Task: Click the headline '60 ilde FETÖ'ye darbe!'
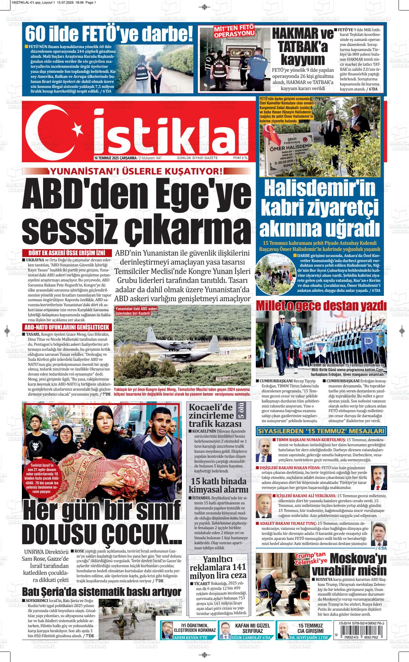pos(109,34)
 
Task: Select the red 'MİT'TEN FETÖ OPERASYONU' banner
pos(234,31)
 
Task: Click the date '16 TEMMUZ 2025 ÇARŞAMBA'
pos(115,158)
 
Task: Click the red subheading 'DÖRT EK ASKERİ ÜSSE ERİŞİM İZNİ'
pos(67,253)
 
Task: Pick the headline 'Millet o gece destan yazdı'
pos(321,306)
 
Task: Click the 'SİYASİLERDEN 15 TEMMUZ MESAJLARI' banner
pos(321,431)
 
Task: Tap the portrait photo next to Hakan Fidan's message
pos(379,477)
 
